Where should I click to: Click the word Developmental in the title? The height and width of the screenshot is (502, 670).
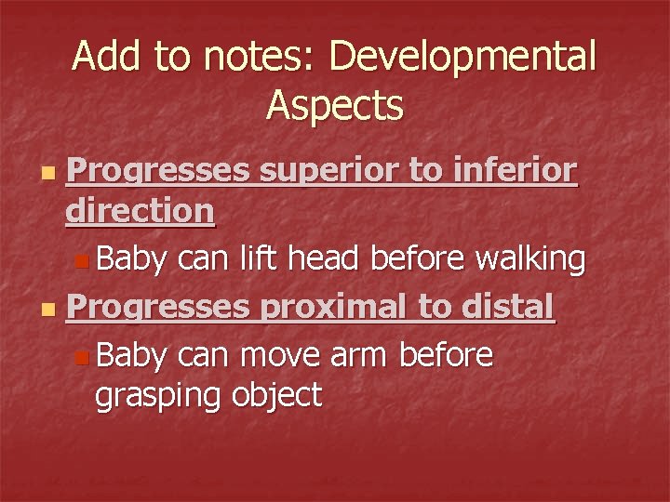tap(462, 58)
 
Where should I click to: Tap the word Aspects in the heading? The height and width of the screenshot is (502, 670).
tap(334, 105)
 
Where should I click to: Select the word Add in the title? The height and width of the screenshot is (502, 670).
tap(105, 58)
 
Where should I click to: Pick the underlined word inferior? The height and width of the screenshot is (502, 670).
tap(516, 173)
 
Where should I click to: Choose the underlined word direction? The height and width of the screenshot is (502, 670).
tap(141, 212)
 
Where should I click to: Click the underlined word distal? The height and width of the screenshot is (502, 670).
tap(512, 306)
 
